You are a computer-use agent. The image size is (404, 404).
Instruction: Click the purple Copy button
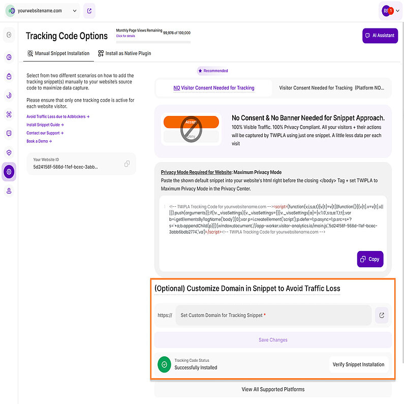pos(370,259)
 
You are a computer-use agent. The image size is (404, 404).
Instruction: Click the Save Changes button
pos(273,340)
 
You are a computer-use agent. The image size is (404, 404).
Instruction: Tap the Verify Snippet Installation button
pos(358,364)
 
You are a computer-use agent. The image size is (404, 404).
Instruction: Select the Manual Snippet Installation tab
pos(58,53)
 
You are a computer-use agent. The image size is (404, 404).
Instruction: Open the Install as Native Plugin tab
pos(125,53)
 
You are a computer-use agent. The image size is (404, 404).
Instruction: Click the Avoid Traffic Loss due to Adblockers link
pos(57,116)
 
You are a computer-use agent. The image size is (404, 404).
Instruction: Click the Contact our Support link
pos(45,133)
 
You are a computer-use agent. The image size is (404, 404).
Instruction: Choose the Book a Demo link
pos(39,141)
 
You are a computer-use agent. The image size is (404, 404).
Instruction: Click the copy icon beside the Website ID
pos(127,164)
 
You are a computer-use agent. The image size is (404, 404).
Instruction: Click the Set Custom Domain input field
pos(273,315)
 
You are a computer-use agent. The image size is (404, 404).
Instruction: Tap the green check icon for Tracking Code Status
pos(164,364)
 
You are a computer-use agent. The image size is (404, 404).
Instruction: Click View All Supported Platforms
pos(273,389)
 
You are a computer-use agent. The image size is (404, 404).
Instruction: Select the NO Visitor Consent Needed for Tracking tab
pos(214,88)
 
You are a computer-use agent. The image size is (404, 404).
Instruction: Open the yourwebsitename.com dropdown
pos(44,10)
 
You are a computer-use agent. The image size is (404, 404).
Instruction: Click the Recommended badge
pos(213,71)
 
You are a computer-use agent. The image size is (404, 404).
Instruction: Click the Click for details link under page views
pos(126,36)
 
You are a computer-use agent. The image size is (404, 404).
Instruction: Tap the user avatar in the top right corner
pos(388,10)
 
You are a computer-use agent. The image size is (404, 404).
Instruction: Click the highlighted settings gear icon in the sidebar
pos(9,172)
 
